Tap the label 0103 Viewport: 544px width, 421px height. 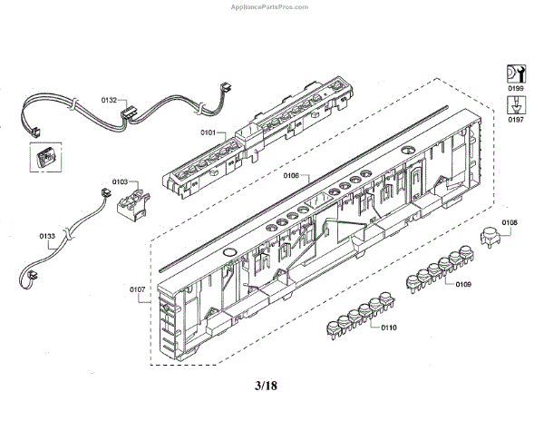pos(121,182)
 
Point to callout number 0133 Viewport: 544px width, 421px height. pos(48,236)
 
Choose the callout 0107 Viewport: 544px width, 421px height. pos(138,290)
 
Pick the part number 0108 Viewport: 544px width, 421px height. pos(510,222)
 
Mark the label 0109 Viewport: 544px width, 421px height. pos(463,286)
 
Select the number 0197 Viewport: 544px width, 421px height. pos(515,119)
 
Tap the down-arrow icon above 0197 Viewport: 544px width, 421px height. pos(515,104)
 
